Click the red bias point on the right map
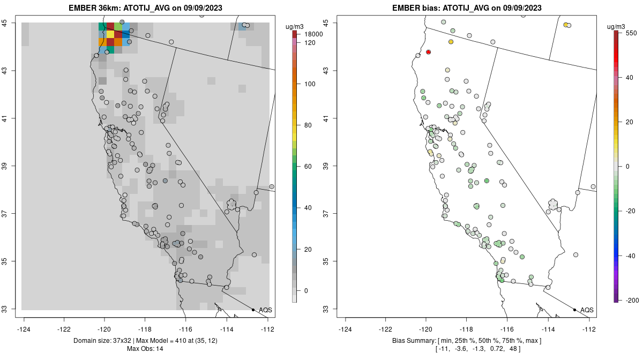coord(429,52)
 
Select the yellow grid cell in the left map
coord(110,34)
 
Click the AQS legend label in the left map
coord(265,310)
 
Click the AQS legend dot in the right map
coord(574,310)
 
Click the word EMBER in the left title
coord(81,8)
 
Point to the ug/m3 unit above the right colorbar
coord(619,27)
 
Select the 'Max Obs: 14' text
coord(145,349)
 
